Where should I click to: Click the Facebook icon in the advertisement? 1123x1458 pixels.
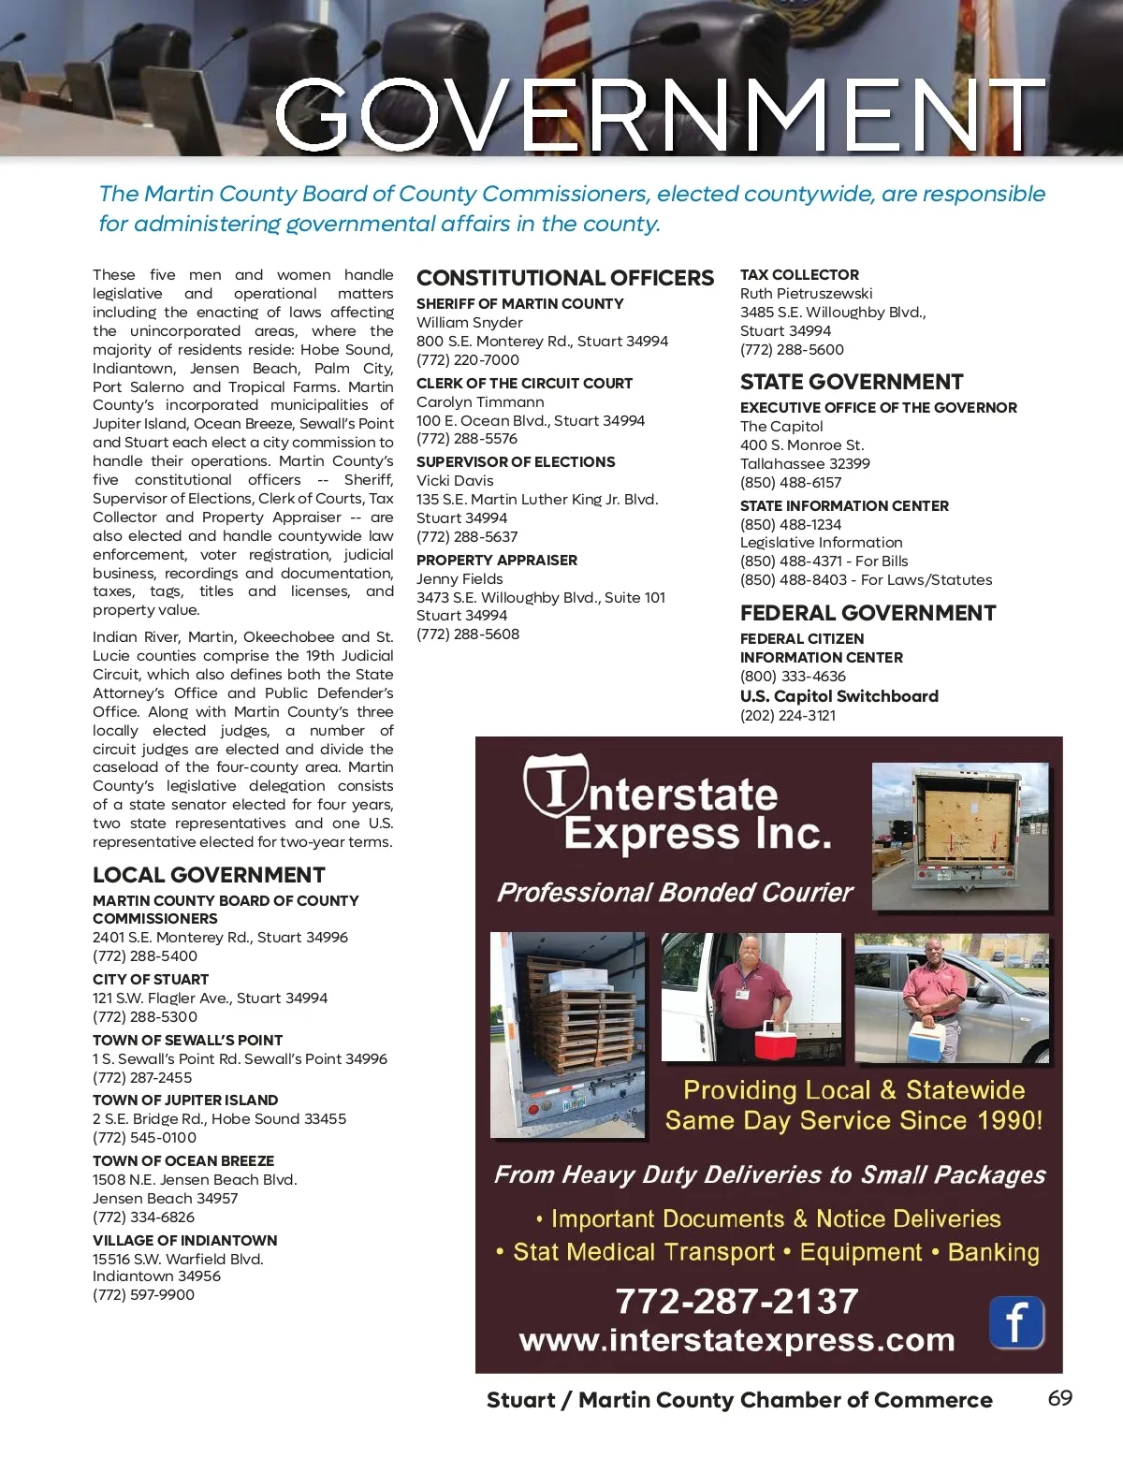[x=1016, y=1322]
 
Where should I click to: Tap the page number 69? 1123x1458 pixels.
[x=1059, y=1398]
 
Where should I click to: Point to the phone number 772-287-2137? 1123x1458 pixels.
[x=737, y=1301]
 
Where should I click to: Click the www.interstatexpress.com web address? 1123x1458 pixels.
[x=737, y=1340]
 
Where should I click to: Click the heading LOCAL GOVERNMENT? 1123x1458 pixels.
[x=209, y=875]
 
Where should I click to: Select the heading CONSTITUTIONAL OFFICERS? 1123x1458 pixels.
[x=564, y=278]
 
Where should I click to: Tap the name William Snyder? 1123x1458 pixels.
[x=469, y=323]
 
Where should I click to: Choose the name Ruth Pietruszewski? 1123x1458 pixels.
[x=806, y=294]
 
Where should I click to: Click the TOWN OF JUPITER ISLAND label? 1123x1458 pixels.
[x=185, y=1101]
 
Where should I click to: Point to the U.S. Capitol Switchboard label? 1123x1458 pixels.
[x=839, y=696]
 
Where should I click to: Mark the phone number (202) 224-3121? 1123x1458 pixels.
[x=788, y=716]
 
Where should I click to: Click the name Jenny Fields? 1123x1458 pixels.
[x=459, y=579]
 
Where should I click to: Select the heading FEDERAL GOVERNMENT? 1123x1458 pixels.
[x=868, y=613]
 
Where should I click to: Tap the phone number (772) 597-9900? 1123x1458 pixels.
[x=143, y=1295]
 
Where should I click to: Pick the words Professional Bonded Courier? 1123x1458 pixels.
[x=675, y=893]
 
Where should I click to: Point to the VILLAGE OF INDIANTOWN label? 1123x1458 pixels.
[x=184, y=1241]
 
